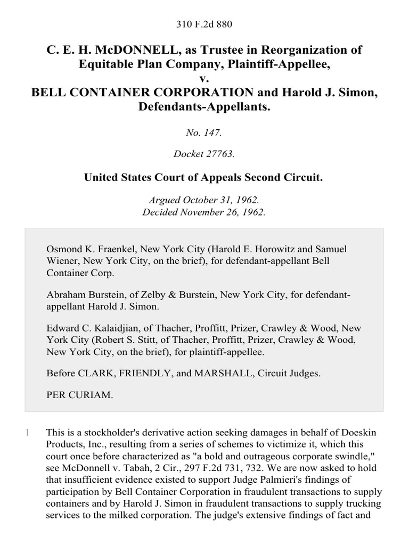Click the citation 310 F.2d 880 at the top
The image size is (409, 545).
click(204, 24)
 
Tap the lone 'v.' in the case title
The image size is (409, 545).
click(204, 78)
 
